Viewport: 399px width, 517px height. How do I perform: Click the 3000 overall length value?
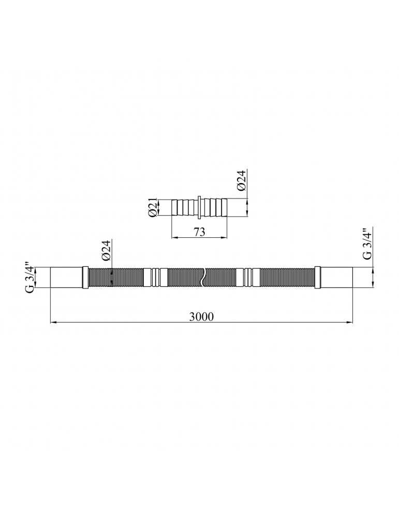[x=201, y=316]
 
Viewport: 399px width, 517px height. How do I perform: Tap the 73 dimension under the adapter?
[x=199, y=232]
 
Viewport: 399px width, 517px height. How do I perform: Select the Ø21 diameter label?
[x=153, y=208]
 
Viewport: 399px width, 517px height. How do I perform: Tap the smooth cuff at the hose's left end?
[x=66, y=278]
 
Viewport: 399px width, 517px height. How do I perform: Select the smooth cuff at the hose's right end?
[x=336, y=278]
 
